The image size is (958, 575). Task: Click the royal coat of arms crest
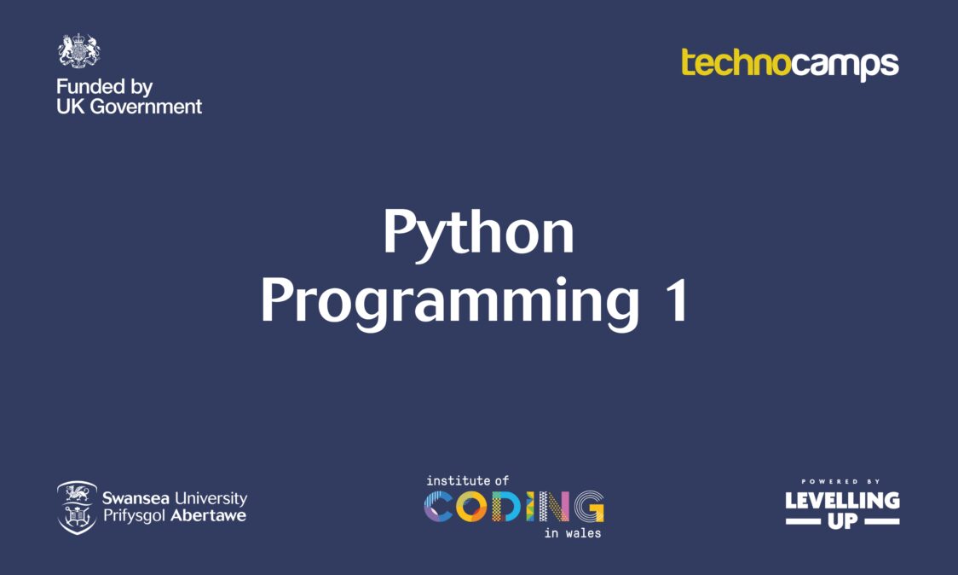pos(78,51)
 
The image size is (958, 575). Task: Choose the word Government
pos(146,107)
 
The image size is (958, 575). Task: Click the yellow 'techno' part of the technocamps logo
pos(736,62)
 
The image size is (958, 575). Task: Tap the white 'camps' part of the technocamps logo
pos(845,66)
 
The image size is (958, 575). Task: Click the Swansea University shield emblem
pos(77,508)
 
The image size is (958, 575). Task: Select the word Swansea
pos(136,498)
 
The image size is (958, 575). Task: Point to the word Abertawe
pos(208,515)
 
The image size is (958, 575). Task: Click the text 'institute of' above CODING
pos(467,481)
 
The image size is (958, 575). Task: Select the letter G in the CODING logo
pos(589,507)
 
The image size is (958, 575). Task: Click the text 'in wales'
pos(573,533)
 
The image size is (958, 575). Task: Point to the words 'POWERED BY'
pos(840,482)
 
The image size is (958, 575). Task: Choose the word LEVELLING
pos(843,501)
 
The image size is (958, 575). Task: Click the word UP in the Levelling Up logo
pos(843,521)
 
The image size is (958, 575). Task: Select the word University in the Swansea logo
pos(211,498)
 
